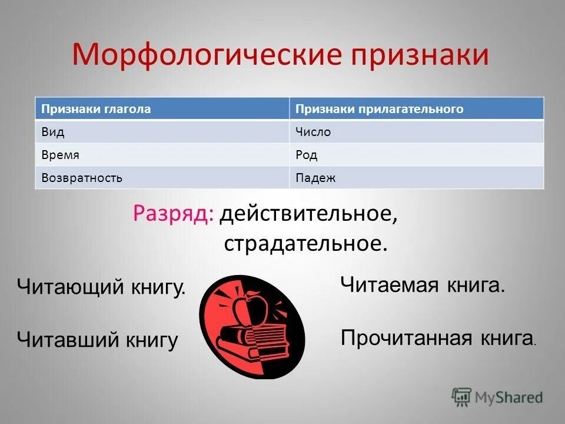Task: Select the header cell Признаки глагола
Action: point(162,109)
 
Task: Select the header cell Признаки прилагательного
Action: point(416,109)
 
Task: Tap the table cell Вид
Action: point(162,132)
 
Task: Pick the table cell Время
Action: point(162,155)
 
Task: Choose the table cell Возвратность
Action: point(162,178)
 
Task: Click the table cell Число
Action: point(416,132)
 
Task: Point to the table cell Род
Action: point(416,155)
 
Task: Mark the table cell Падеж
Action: point(416,178)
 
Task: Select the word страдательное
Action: point(305,243)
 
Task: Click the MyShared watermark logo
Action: point(497,397)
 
